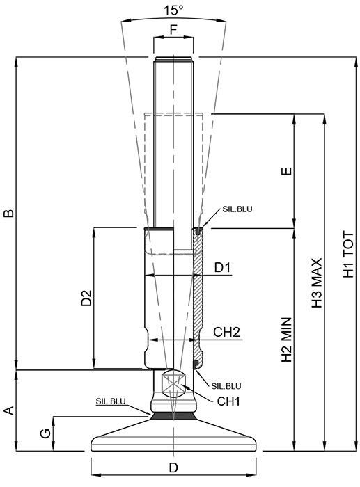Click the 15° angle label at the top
(x=173, y=10)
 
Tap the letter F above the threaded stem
(x=173, y=30)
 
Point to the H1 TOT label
(x=348, y=255)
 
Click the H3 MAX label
(x=318, y=283)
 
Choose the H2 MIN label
(x=287, y=340)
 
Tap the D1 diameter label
(x=223, y=268)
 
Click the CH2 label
(x=226, y=332)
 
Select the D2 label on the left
(x=86, y=298)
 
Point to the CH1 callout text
(x=228, y=401)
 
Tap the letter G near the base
(x=46, y=433)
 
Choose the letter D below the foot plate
(x=173, y=468)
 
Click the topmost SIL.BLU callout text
(x=237, y=209)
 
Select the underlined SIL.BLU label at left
(x=111, y=401)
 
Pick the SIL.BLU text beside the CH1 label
(x=226, y=386)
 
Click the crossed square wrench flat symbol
(x=173, y=383)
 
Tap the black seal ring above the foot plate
(x=173, y=416)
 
